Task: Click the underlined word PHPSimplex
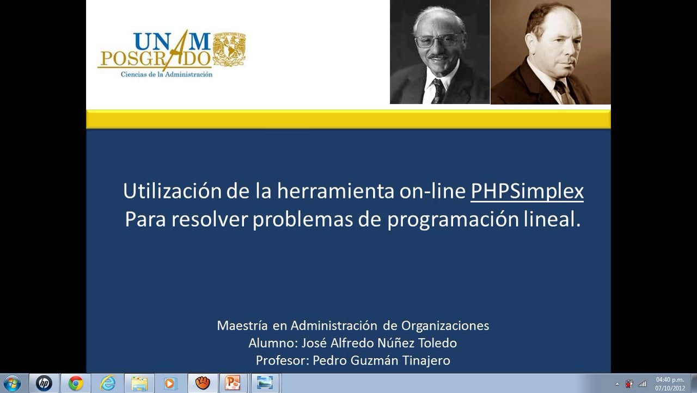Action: tap(527, 191)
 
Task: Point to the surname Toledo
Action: tap(438, 343)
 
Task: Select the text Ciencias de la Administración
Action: tap(166, 74)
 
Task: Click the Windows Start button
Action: tap(11, 383)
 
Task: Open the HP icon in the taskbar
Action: tap(44, 383)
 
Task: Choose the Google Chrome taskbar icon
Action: tap(76, 383)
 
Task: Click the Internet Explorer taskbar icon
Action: tap(108, 383)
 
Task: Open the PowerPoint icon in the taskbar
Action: tap(233, 383)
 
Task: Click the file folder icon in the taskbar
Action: tap(139, 383)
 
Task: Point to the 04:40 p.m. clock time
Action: tap(669, 379)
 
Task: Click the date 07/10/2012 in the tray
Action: tap(669, 388)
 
